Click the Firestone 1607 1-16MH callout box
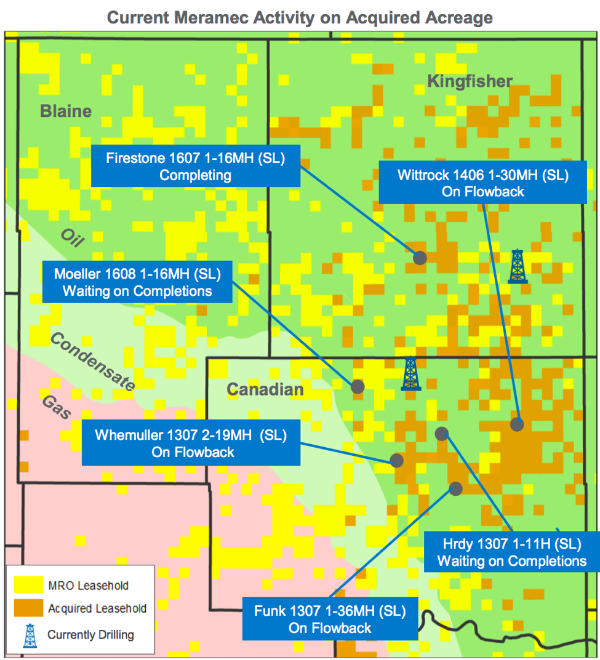[x=196, y=166]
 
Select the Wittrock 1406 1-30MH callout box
[x=482, y=183]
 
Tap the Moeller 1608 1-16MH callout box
[x=137, y=282]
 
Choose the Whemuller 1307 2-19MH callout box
[x=191, y=443]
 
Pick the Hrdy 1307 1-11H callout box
[x=511, y=552]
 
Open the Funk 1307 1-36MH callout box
[x=330, y=619]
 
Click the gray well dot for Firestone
[x=420, y=258]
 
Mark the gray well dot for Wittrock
[x=517, y=424]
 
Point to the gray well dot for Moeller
[x=358, y=386]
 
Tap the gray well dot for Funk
[x=456, y=488]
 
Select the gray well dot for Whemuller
[x=397, y=460]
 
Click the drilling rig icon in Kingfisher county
[x=518, y=266]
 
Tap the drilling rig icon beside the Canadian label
[x=410, y=373]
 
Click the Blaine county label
[x=66, y=111]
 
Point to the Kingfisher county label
[x=470, y=81]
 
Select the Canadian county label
[x=265, y=389]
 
